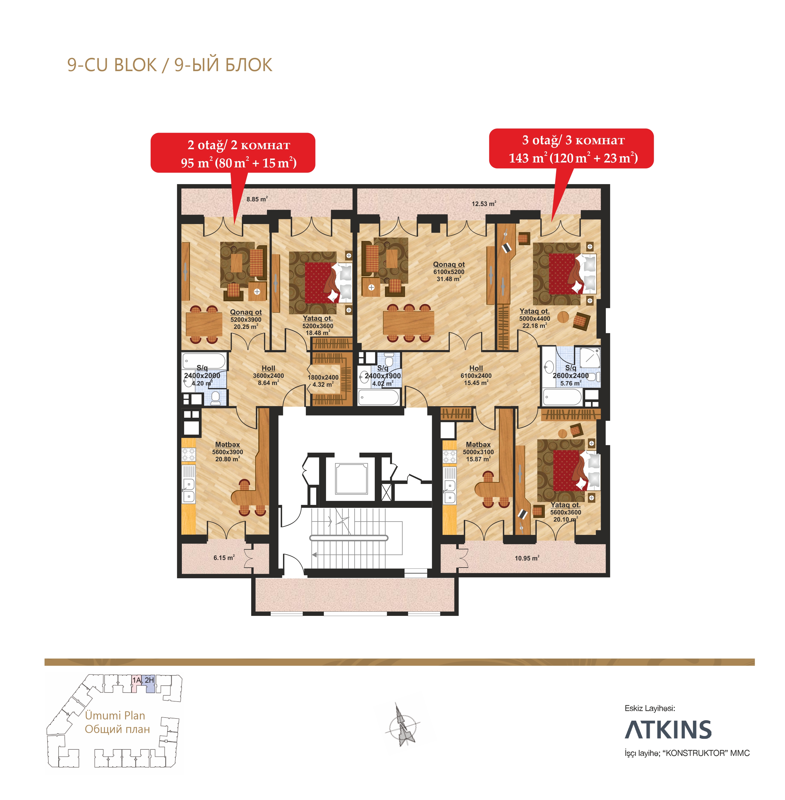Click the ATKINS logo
point(668,730)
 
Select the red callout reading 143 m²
point(571,148)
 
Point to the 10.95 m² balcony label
point(527,558)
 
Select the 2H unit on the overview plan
point(149,680)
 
